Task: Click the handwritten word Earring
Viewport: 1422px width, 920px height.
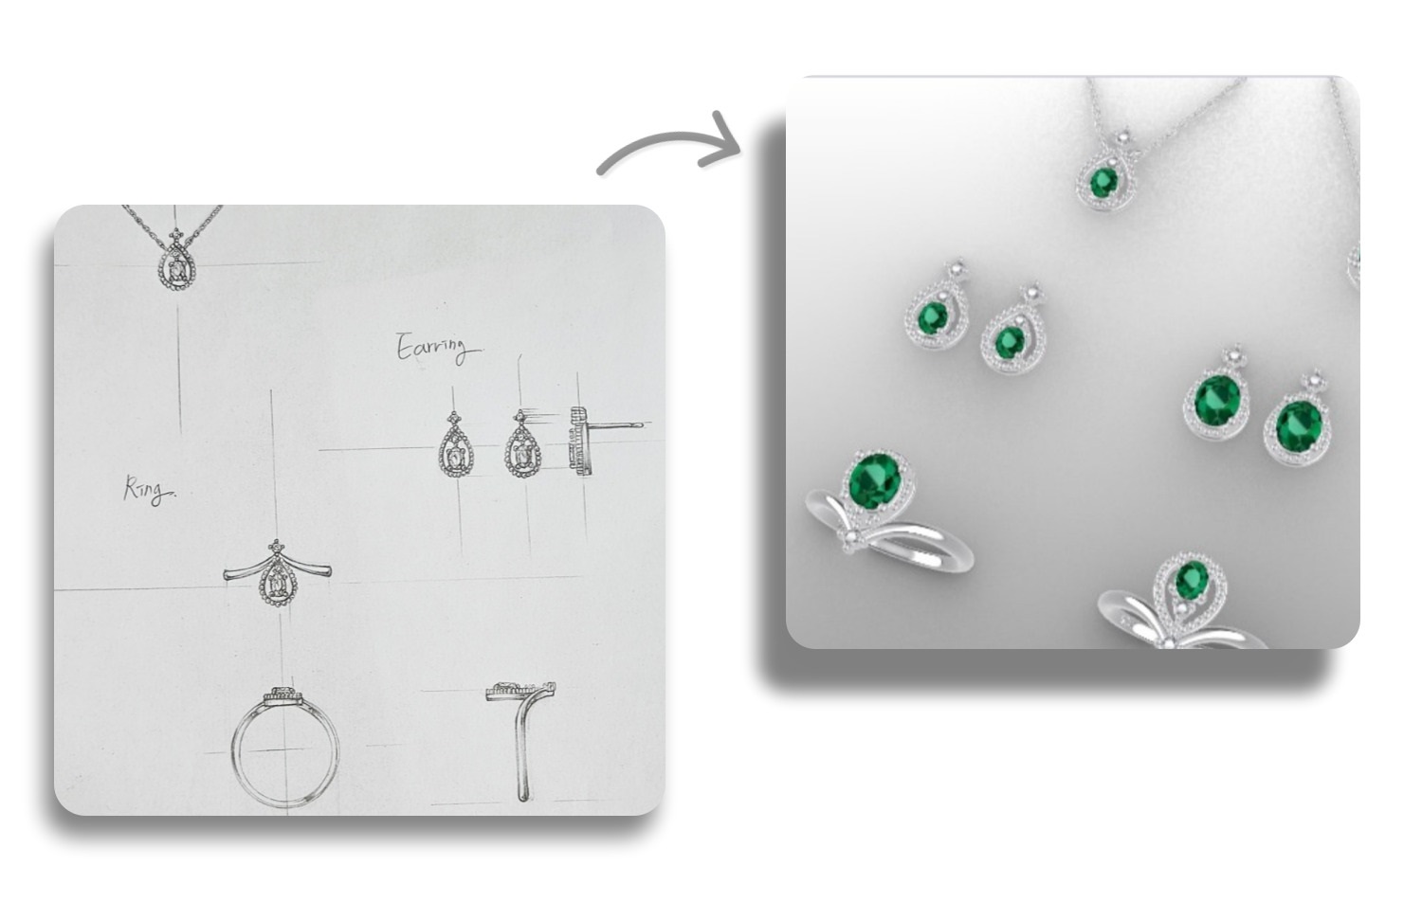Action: pyautogui.click(x=438, y=348)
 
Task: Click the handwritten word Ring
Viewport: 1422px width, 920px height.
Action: pyautogui.click(x=149, y=490)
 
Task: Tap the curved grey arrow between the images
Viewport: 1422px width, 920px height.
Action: pyautogui.click(x=669, y=143)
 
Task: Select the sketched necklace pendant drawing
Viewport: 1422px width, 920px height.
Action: pyautogui.click(x=175, y=261)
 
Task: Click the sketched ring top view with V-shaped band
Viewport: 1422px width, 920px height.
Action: pyautogui.click(x=277, y=573)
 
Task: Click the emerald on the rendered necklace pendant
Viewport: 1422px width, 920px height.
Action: pyautogui.click(x=1104, y=182)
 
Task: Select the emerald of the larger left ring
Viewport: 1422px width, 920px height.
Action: pyautogui.click(x=875, y=481)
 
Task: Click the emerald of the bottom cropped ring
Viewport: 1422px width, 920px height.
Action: pyautogui.click(x=1191, y=580)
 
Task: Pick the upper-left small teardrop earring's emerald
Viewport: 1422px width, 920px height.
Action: pyautogui.click(x=933, y=316)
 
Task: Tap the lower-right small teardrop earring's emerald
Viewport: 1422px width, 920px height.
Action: pyautogui.click(x=1010, y=342)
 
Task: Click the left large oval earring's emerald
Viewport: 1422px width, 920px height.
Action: pyautogui.click(x=1217, y=401)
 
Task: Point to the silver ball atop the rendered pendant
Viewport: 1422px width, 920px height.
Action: pyautogui.click(x=1123, y=138)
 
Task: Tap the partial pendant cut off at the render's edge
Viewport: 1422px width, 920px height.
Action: pyautogui.click(x=1354, y=262)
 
